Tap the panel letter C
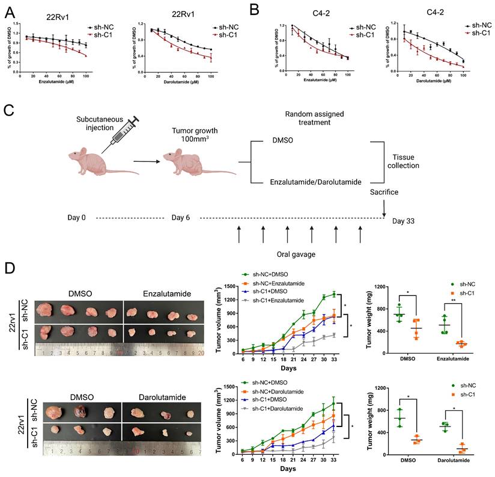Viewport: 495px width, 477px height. pyautogui.click(x=8, y=111)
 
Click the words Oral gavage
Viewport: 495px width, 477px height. pyautogui.click(x=299, y=253)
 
